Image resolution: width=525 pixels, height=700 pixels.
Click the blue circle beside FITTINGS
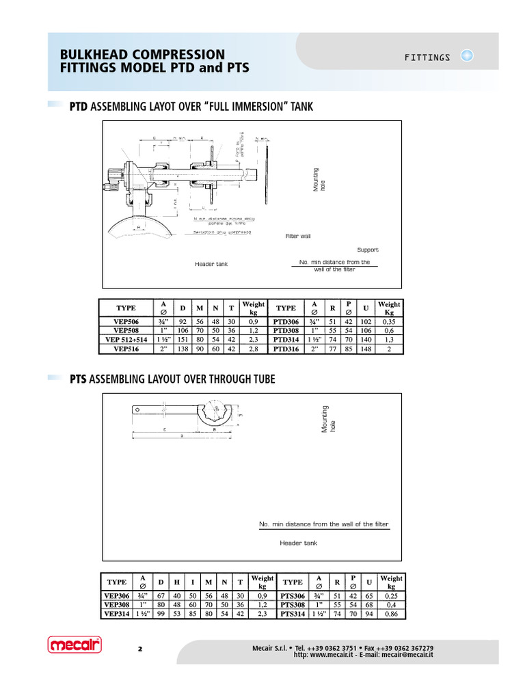[468, 56]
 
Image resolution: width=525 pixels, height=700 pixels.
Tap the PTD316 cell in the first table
[286, 349]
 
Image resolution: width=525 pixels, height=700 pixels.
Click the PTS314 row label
[293, 614]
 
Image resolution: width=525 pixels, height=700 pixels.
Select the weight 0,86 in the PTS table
[391, 614]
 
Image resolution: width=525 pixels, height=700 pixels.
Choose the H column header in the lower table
[176, 582]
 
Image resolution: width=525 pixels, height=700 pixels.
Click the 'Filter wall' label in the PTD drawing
[298, 236]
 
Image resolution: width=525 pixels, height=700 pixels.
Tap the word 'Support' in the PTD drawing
[367, 250]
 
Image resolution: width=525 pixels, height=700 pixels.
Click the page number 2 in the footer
[139, 648]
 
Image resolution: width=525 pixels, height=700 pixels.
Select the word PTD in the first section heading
[79, 107]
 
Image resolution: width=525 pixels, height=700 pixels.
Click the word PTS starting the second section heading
[79, 379]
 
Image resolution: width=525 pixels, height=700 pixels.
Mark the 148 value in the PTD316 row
[366, 349]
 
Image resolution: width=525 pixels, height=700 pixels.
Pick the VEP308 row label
[117, 604]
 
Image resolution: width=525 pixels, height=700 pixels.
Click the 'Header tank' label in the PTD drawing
[211, 264]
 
